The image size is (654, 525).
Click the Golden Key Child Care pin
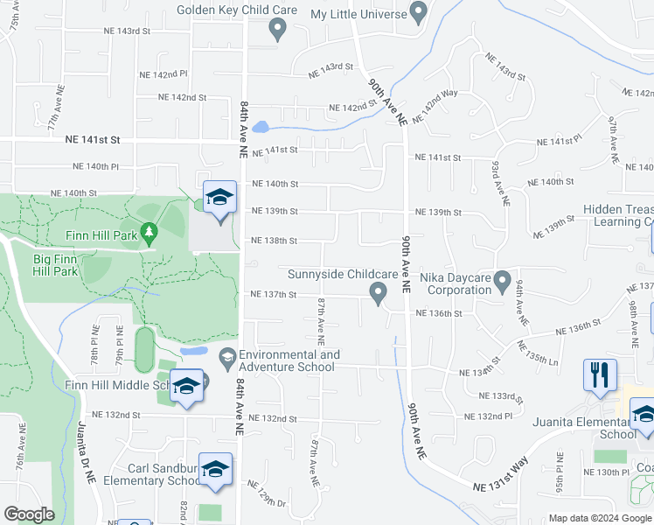[278, 30]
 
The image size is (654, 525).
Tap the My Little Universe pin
[418, 13]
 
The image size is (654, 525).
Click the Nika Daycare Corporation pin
[502, 282]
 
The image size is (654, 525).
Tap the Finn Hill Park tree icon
[149, 233]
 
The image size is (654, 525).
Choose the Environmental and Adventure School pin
[227, 356]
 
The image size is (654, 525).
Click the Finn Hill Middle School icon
[186, 386]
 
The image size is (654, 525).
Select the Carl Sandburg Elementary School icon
[215, 469]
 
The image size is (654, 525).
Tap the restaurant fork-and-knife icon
[600, 374]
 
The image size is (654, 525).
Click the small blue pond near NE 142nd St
[260, 127]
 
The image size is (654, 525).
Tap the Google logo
[29, 514]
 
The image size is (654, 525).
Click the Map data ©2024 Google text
[600, 518]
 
